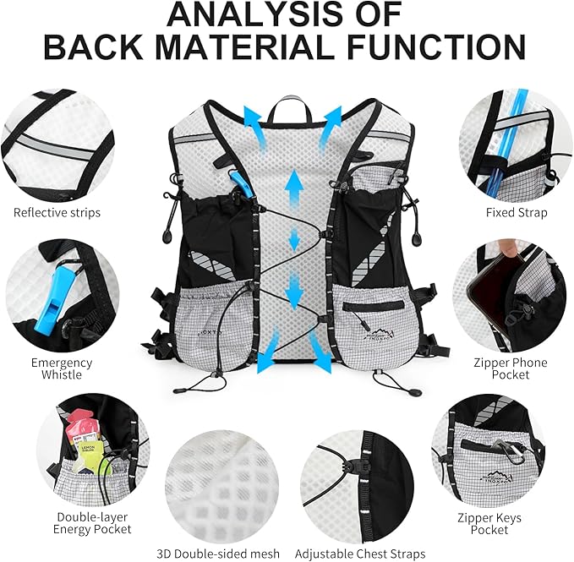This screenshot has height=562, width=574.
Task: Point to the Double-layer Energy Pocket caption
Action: point(94,522)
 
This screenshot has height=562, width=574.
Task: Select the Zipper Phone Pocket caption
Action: point(517,368)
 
